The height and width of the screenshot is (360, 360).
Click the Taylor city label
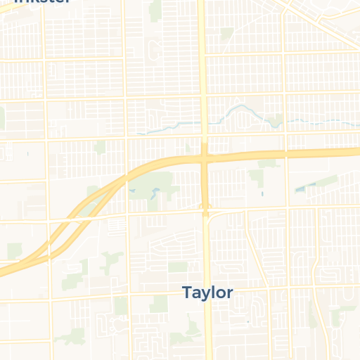pyautogui.click(x=207, y=292)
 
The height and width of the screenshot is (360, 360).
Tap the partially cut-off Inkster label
pyautogui.click(x=42, y=2)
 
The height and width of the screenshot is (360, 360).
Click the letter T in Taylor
pyautogui.click(x=187, y=292)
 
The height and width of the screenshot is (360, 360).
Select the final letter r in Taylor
pyautogui.click(x=229, y=293)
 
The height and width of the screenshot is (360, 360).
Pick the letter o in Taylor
pyautogui.click(x=221, y=293)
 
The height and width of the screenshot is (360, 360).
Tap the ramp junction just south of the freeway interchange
pyautogui.click(x=206, y=209)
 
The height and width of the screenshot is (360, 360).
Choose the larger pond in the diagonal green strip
pyautogui.click(x=301, y=189)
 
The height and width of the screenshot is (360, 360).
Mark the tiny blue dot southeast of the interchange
pyautogui.click(x=262, y=193)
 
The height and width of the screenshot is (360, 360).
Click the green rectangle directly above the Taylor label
pyautogui.click(x=178, y=267)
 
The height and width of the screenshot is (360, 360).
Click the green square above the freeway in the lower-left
pyautogui.click(x=15, y=250)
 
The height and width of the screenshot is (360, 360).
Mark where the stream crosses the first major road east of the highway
pyautogui.click(x=285, y=123)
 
